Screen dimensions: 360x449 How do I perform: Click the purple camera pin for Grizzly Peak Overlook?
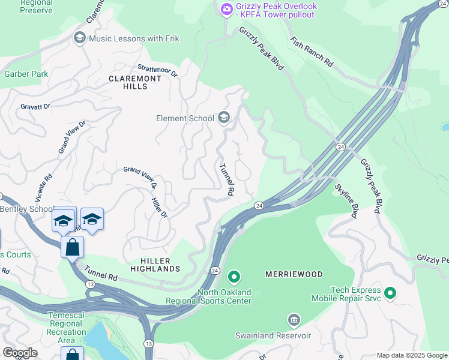point(226,8)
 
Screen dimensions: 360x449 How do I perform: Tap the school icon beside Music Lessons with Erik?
point(79,38)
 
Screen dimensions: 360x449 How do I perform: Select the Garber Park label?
point(26,74)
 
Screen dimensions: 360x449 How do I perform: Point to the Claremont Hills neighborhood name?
point(135,82)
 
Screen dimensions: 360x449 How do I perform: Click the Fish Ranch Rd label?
point(311,52)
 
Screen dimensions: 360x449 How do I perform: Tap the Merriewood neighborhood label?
point(294,274)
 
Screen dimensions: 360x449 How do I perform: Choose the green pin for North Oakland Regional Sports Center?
point(234,277)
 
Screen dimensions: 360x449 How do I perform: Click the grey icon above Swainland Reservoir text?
point(294,319)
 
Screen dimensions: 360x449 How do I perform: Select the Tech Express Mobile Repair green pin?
point(390,293)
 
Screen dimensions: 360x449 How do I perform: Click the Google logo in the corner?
point(20,353)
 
